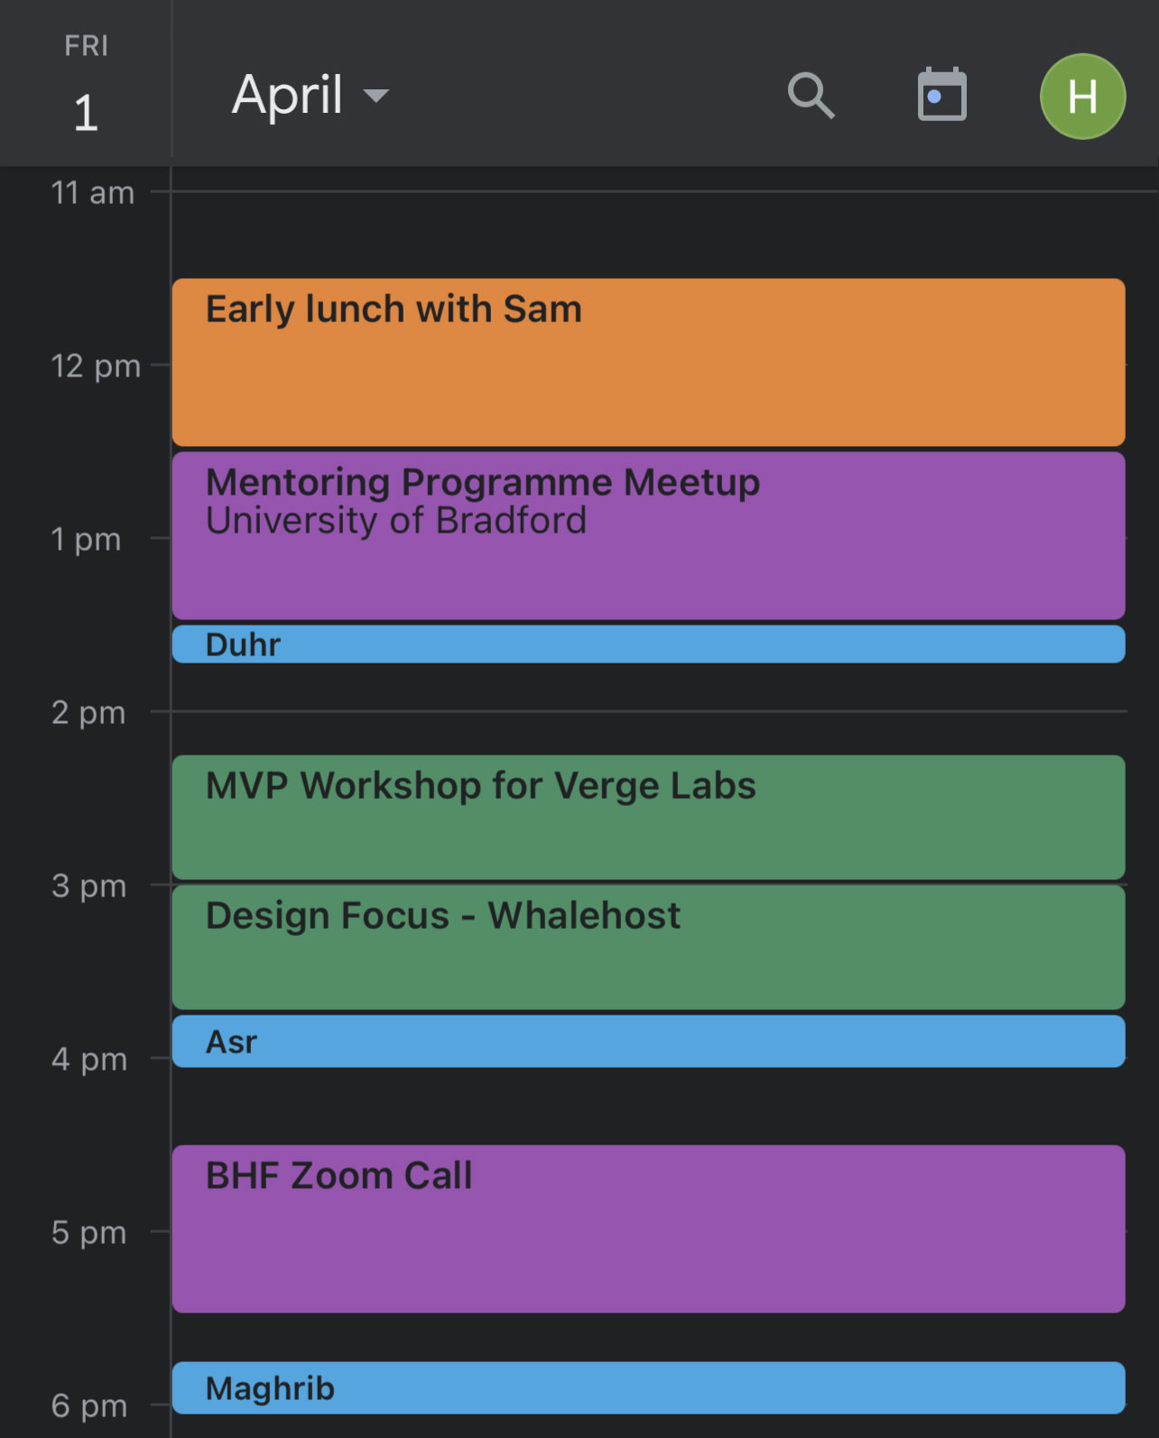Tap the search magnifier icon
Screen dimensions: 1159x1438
pyautogui.click(x=811, y=96)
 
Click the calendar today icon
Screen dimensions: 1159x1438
pyautogui.click(x=941, y=94)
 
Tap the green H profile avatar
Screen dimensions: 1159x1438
pyautogui.click(x=1082, y=97)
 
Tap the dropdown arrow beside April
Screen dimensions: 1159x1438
pyautogui.click(x=376, y=96)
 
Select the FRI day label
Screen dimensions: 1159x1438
pyautogui.click(x=87, y=46)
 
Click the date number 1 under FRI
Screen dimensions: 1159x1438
pyautogui.click(x=87, y=112)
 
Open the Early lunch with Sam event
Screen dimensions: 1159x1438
pyautogui.click(x=648, y=362)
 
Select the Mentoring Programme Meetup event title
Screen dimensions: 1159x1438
pyautogui.click(x=483, y=482)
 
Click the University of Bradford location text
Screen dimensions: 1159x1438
pyautogui.click(x=395, y=521)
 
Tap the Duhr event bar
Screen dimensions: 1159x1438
pyautogui.click(x=648, y=645)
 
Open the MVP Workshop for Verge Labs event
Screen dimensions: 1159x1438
pyautogui.click(x=648, y=817)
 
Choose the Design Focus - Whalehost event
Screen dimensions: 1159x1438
pyautogui.click(x=648, y=948)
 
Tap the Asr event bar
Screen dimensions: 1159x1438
pyautogui.click(x=648, y=1041)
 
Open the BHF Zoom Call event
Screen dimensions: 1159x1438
pyautogui.click(x=648, y=1229)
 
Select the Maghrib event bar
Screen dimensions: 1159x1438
pyautogui.click(x=648, y=1387)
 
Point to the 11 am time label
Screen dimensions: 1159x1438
pyautogui.click(x=93, y=192)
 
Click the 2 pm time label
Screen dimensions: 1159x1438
pyautogui.click(x=88, y=712)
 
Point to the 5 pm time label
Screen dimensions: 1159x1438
pyautogui.click(x=88, y=1232)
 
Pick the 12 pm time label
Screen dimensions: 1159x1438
pyautogui.click(x=96, y=366)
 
